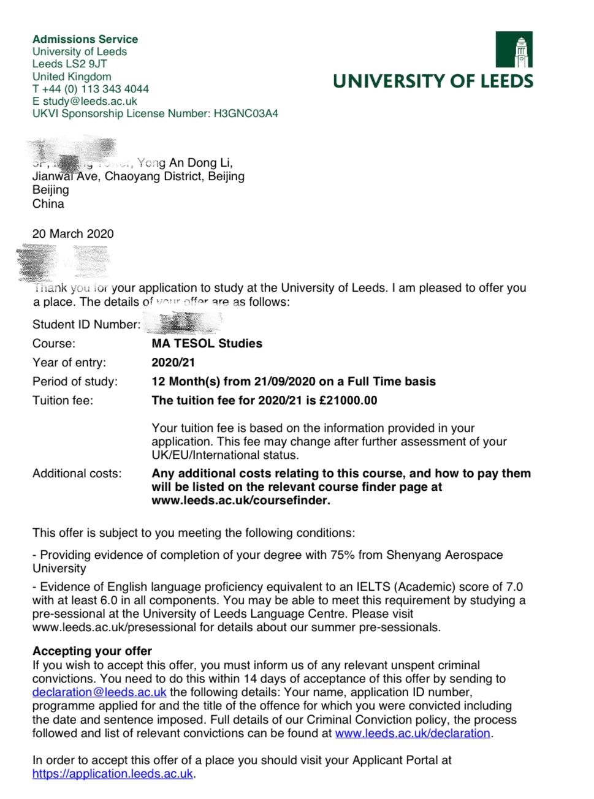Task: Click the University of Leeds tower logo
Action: tap(514, 50)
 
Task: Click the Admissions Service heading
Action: tap(85, 39)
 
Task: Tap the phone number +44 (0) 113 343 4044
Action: tap(96, 89)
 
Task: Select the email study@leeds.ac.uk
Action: tap(90, 101)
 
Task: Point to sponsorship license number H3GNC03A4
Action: tap(246, 113)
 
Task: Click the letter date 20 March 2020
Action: tap(73, 233)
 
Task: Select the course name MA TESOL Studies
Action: tap(207, 343)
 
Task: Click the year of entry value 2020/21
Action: tap(173, 362)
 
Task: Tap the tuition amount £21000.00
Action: tap(348, 400)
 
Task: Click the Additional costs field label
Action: tap(77, 473)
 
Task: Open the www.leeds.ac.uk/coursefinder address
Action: tap(240, 500)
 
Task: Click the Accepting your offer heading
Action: tap(92, 651)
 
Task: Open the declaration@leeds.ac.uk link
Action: tap(99, 692)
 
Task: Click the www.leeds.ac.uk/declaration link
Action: tap(413, 733)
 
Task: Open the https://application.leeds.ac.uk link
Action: tap(113, 773)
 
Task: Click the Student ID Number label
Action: tap(86, 324)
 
